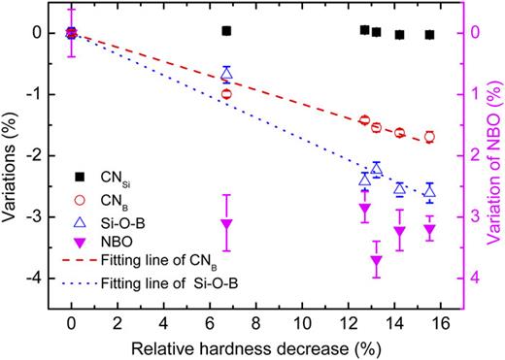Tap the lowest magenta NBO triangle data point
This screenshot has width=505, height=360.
[377, 262]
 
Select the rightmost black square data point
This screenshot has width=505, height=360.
[429, 35]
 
